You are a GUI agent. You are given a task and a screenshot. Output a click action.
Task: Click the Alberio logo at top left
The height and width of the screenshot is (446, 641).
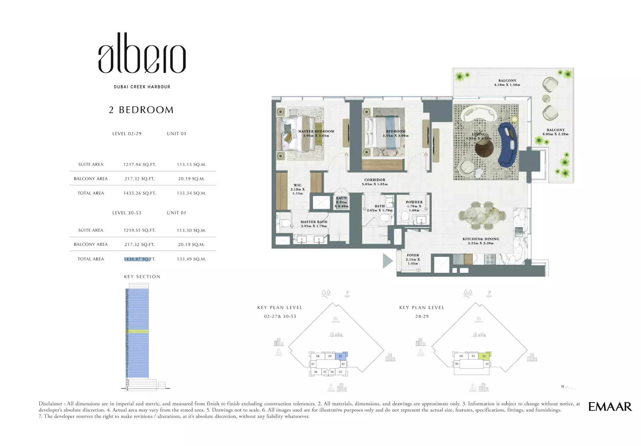(x=142, y=54)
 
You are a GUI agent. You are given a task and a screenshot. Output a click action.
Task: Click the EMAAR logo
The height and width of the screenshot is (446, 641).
(x=610, y=407)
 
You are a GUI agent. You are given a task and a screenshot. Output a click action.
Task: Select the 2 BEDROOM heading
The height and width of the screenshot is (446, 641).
(x=141, y=110)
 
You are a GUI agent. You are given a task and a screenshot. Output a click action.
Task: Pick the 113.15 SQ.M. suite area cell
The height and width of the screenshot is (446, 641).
(x=191, y=165)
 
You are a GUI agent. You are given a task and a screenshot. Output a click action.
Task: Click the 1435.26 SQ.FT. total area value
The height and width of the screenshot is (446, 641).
(x=139, y=193)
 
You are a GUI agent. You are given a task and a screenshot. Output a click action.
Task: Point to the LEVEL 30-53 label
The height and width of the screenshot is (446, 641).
(x=127, y=213)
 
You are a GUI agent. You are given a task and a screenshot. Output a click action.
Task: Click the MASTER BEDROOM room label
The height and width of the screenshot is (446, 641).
(x=316, y=132)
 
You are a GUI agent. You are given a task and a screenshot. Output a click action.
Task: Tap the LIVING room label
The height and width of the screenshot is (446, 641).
(x=479, y=134)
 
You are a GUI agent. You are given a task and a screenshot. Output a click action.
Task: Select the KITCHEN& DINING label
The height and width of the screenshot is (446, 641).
(x=481, y=239)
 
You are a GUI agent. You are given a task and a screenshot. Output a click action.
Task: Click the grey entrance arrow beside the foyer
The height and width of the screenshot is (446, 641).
(x=388, y=261)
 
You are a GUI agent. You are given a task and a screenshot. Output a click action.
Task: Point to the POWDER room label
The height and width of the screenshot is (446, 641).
(x=414, y=202)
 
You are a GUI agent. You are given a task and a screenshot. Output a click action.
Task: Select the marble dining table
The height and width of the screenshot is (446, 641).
(x=482, y=216)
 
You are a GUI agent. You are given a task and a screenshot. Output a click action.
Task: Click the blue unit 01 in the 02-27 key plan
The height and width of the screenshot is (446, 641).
(x=341, y=356)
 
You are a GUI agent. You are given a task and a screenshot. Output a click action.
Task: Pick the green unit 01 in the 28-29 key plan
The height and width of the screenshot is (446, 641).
(x=484, y=356)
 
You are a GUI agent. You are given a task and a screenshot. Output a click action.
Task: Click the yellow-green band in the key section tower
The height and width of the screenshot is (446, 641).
(x=137, y=331)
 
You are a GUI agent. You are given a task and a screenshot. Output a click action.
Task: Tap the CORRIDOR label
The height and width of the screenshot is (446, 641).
(x=374, y=180)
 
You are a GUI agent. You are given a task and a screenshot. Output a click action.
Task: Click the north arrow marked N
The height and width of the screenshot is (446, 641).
(x=567, y=387)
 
